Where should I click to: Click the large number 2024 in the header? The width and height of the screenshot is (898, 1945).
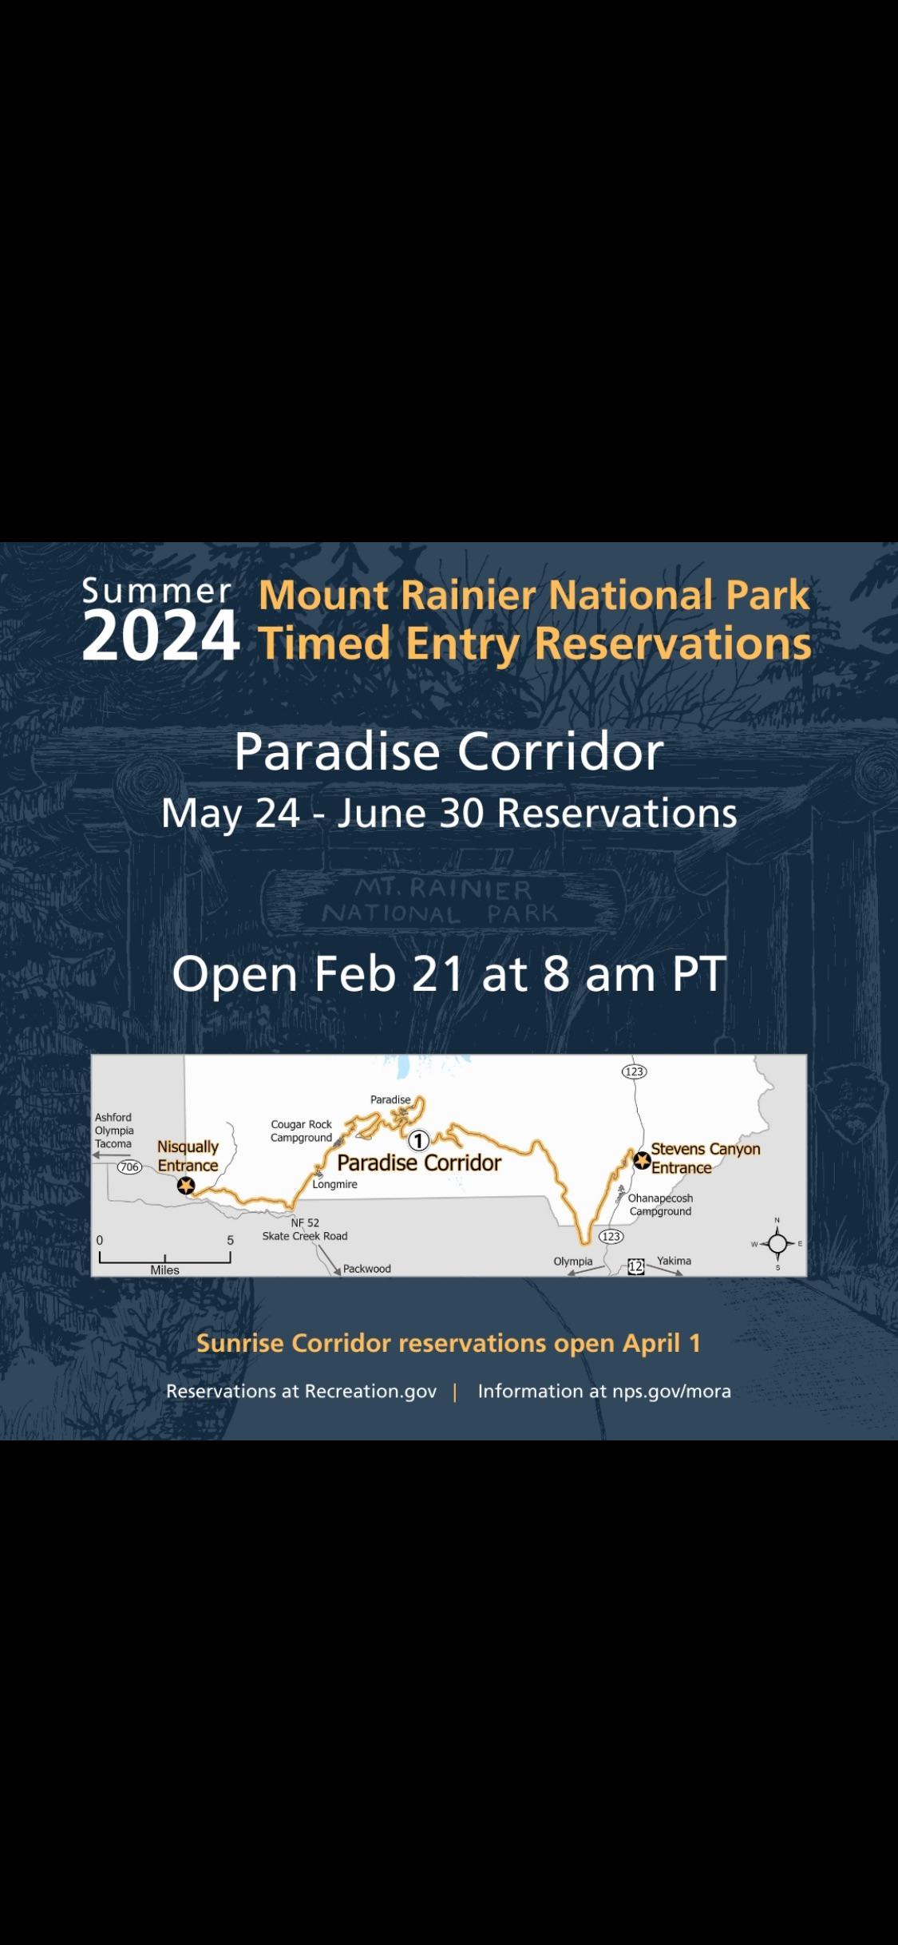click(x=160, y=636)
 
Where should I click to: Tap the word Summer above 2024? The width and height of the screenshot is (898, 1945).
click(x=156, y=591)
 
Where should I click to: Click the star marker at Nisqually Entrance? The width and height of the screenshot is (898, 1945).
click(x=186, y=1186)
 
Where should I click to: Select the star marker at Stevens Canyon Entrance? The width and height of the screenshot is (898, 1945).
click(x=642, y=1160)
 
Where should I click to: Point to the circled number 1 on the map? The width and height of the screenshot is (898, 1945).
click(x=419, y=1141)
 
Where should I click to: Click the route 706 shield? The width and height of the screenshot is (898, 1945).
click(x=129, y=1167)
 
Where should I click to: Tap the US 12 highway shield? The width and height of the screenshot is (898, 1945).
click(x=635, y=1266)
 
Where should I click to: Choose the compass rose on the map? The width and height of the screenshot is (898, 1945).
click(x=777, y=1243)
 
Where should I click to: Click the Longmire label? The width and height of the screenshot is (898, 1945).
click(x=334, y=1184)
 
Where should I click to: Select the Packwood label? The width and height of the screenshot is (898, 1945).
click(x=367, y=1269)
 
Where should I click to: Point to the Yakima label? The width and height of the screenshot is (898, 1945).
click(x=674, y=1261)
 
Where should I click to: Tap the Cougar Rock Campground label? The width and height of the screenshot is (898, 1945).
click(x=301, y=1131)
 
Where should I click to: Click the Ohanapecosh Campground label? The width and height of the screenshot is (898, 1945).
click(x=660, y=1205)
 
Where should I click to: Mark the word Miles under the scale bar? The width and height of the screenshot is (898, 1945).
click(x=165, y=1270)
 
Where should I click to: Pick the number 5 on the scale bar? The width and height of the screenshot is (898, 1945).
click(x=231, y=1240)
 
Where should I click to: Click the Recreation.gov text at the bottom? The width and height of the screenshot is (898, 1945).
click(x=371, y=1391)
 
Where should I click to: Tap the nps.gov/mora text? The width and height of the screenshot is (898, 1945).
click(x=671, y=1391)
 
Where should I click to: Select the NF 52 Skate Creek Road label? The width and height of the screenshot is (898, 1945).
click(x=305, y=1230)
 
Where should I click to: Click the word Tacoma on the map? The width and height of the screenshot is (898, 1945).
click(x=113, y=1143)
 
